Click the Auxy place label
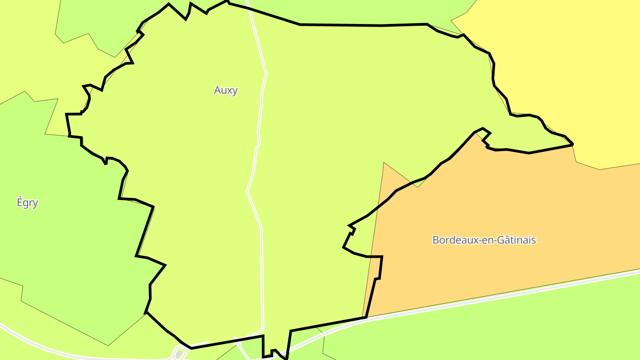[x=226, y=90]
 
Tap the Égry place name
[x=28, y=203]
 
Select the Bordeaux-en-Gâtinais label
[x=484, y=240]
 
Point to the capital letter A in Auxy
[x=217, y=90]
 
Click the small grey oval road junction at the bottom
[x=180, y=353]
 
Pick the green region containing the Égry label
[x=67, y=231]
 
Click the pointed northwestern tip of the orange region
[x=384, y=163]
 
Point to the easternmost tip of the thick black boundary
[x=572, y=144]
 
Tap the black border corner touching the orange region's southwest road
[x=365, y=317]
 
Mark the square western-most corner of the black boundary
[x=67, y=115]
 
